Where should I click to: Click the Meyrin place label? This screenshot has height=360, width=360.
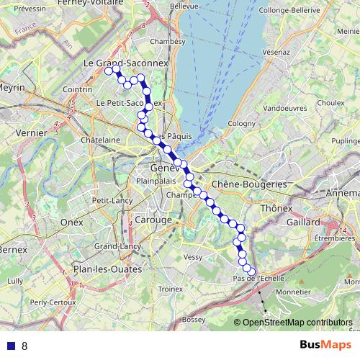tap(13, 87)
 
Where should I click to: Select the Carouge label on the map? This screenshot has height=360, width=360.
tap(153, 219)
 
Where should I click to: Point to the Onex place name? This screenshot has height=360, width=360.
tap(72, 222)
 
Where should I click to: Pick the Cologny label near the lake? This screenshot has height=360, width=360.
tap(242, 123)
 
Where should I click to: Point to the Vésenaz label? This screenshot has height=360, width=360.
tap(276, 53)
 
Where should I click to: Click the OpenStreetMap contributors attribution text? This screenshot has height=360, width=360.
tap(297, 323)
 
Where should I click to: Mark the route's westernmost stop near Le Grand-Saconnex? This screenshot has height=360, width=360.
tap(109, 71)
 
